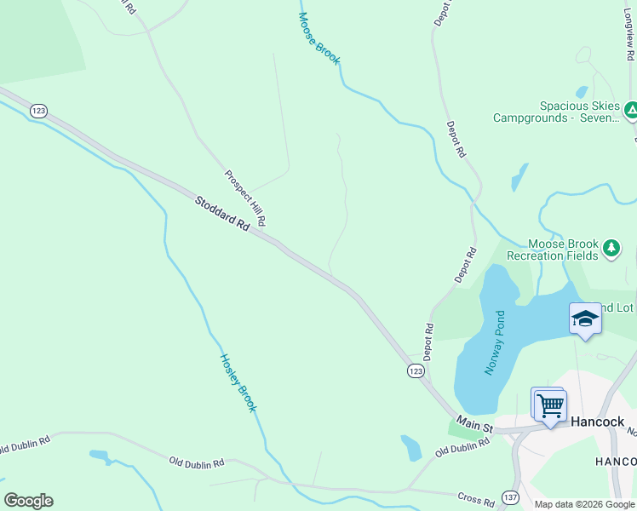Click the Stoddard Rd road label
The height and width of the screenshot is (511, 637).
(x=221, y=215)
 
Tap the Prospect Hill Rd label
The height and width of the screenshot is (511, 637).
(x=246, y=198)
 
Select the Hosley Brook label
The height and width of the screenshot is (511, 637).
(x=238, y=382)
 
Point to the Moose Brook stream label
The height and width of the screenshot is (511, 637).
(x=319, y=38)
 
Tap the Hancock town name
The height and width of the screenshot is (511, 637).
(x=597, y=422)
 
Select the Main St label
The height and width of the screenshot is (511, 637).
(x=473, y=422)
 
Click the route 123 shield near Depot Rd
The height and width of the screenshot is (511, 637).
(x=415, y=371)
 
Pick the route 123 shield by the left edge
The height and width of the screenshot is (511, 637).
(x=37, y=111)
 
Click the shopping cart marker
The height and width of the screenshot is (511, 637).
(x=550, y=406)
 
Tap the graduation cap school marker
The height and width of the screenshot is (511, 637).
(x=585, y=319)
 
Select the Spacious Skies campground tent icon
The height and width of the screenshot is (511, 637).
(x=631, y=111)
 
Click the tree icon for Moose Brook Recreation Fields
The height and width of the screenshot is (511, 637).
(x=611, y=248)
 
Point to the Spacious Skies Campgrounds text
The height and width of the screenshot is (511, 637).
(x=557, y=112)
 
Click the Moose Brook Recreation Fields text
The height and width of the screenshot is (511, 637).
(x=553, y=250)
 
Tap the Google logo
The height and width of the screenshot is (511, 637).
(x=28, y=501)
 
